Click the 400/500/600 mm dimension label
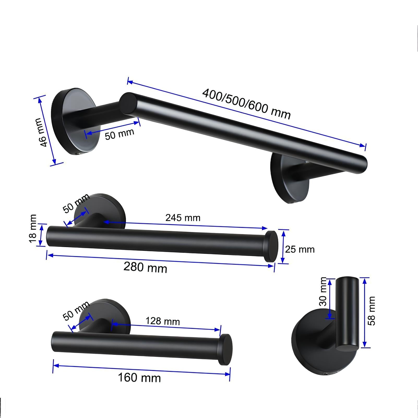click(246, 104)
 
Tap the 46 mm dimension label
click(41, 132)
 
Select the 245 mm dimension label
click(183, 218)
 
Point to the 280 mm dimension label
click(145, 267)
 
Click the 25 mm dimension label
click(300, 249)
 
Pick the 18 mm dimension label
click(33, 228)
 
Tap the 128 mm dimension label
click(163, 321)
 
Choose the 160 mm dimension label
click(139, 378)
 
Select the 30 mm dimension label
click(323, 291)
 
